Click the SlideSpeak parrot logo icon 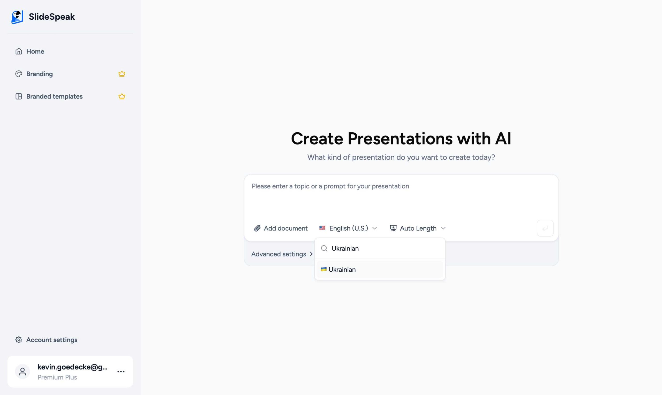(17, 17)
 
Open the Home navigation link (35, 51)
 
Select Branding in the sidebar (39, 74)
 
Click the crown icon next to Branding (122, 74)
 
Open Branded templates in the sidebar (54, 96)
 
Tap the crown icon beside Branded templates (122, 96)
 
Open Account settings (52, 340)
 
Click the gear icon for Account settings (19, 340)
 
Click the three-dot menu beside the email (121, 371)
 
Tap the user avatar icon (22, 371)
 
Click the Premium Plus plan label (57, 377)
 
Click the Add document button (281, 228)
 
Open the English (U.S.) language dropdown (348, 228)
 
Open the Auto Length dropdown (418, 228)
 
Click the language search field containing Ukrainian (383, 249)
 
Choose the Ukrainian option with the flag (342, 270)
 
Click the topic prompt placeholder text (330, 186)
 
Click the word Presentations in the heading (400, 139)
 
